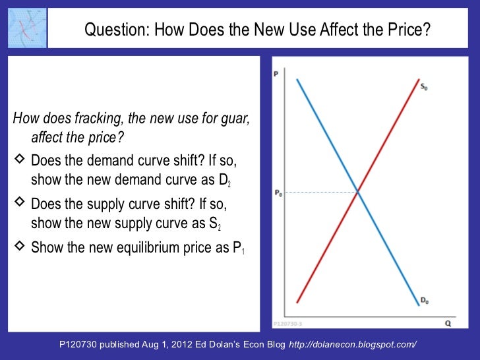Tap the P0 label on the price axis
278,193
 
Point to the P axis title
276,75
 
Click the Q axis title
448,324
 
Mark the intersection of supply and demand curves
358,192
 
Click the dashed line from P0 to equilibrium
320,193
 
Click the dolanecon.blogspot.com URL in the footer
353,345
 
